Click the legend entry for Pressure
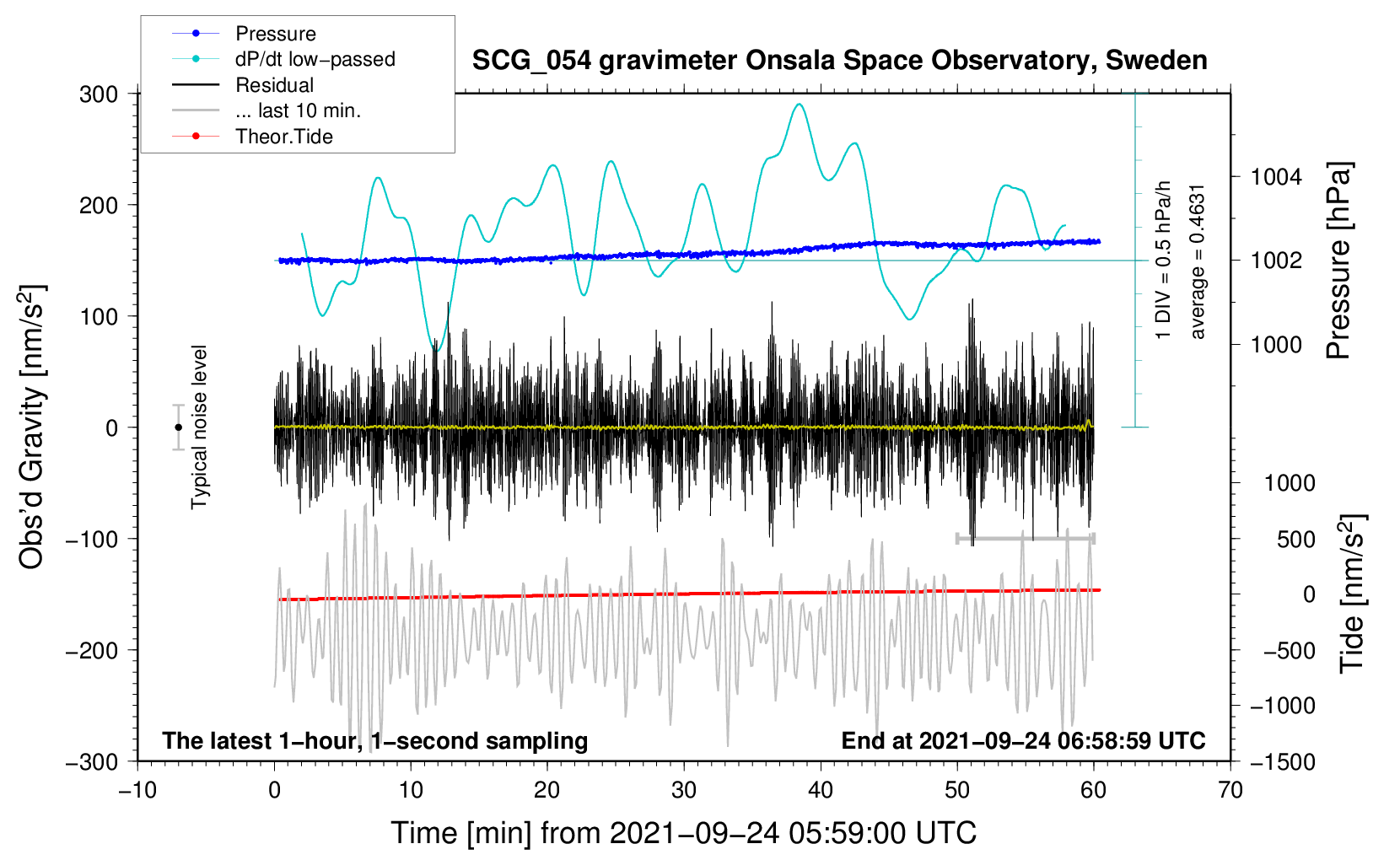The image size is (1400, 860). click(x=244, y=33)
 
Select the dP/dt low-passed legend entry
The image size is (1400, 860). click(x=283, y=59)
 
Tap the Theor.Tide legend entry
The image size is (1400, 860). click(x=252, y=137)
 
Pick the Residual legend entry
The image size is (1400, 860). click(x=243, y=84)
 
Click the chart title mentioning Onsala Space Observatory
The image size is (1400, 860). click(x=839, y=61)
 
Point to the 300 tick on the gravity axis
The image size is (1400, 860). click(x=99, y=94)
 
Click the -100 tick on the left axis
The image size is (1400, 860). click(x=92, y=539)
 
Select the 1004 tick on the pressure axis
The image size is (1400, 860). click(x=1276, y=177)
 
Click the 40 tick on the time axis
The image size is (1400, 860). click(x=820, y=790)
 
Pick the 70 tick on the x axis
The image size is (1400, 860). click(x=1230, y=790)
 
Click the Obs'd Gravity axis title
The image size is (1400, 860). click(x=32, y=427)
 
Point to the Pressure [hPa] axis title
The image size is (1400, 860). click(x=1338, y=261)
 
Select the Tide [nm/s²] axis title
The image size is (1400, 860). click(x=1353, y=594)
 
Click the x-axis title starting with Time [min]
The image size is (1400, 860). click(x=684, y=833)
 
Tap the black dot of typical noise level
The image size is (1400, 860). click(x=178, y=427)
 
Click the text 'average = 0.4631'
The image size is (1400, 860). click(x=1197, y=262)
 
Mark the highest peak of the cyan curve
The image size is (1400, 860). click(x=800, y=104)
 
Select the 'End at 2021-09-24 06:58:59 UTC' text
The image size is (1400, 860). click(x=1023, y=740)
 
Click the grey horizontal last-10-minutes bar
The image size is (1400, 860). click(x=1025, y=538)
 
